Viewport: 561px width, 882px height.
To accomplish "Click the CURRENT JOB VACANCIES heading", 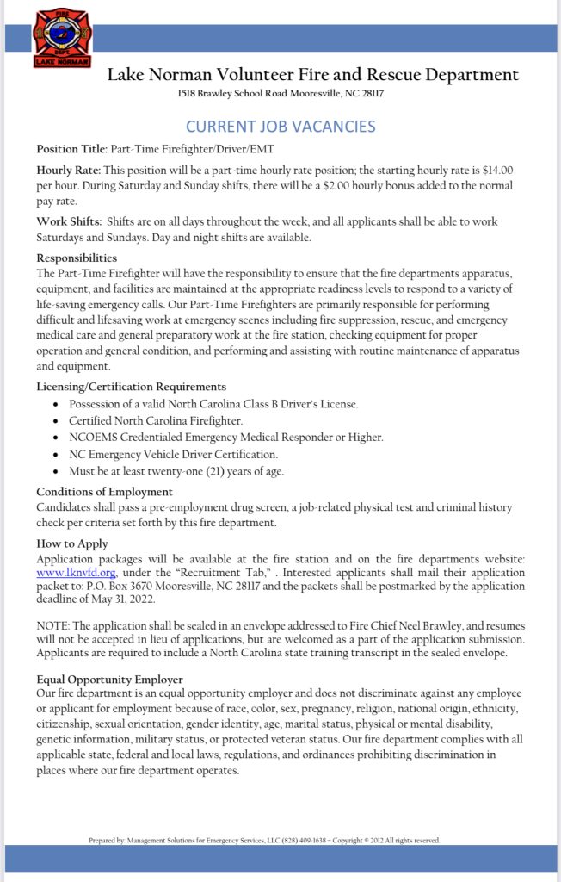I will (x=280, y=127).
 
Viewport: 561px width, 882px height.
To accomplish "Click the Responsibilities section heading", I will (x=77, y=258).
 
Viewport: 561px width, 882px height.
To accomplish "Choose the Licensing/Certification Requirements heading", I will (x=131, y=387).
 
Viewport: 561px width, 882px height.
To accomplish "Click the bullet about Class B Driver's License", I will (x=213, y=404).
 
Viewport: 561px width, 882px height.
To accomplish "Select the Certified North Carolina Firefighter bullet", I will (x=156, y=420).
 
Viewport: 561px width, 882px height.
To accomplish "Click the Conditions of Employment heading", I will (x=104, y=492).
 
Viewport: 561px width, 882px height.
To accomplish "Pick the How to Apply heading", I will (x=72, y=543).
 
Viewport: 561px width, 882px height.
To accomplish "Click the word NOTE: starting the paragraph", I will (x=53, y=626).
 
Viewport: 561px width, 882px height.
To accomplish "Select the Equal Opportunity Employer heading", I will (x=109, y=679).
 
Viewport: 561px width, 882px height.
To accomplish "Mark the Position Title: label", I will (x=72, y=149).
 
